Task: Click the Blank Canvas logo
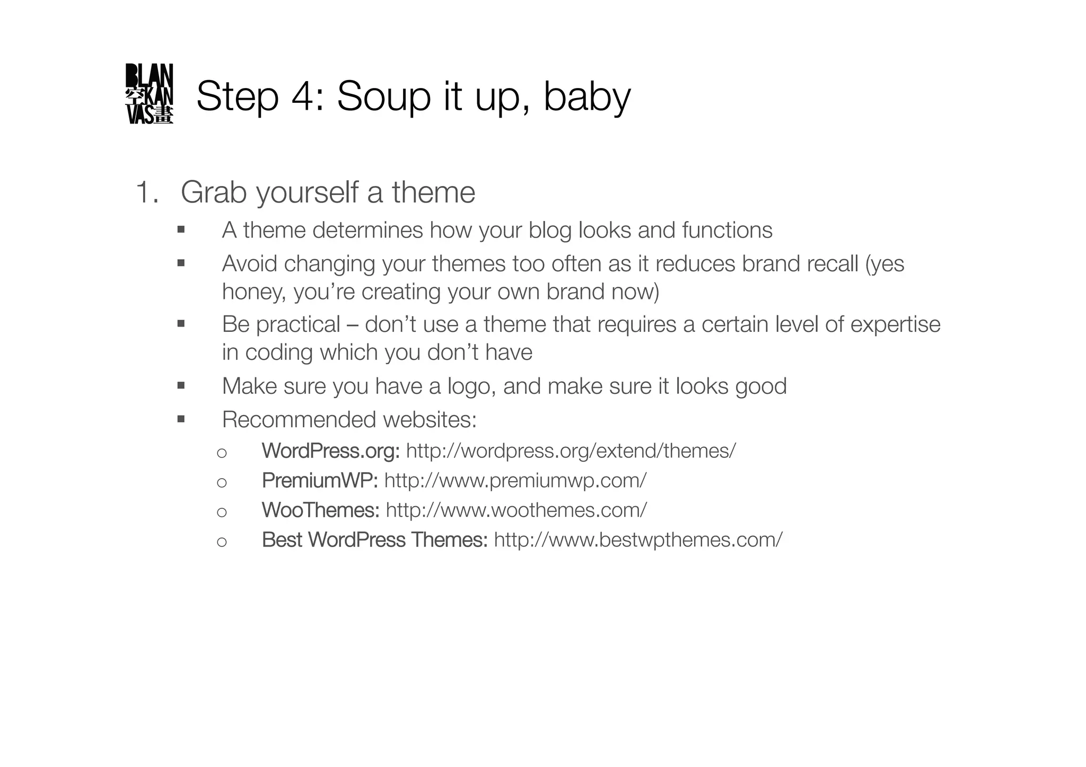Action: tap(149, 94)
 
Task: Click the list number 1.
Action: tap(144, 192)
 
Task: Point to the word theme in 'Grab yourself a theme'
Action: tap(433, 192)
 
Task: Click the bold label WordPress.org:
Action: tap(330, 451)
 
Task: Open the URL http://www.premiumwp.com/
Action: tap(515, 481)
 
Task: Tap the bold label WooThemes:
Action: tap(320, 510)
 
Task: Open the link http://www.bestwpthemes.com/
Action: tap(638, 540)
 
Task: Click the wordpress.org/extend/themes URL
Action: tap(571, 451)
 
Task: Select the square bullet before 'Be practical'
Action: tap(181, 323)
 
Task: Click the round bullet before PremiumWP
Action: tap(222, 482)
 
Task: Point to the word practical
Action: tap(298, 324)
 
